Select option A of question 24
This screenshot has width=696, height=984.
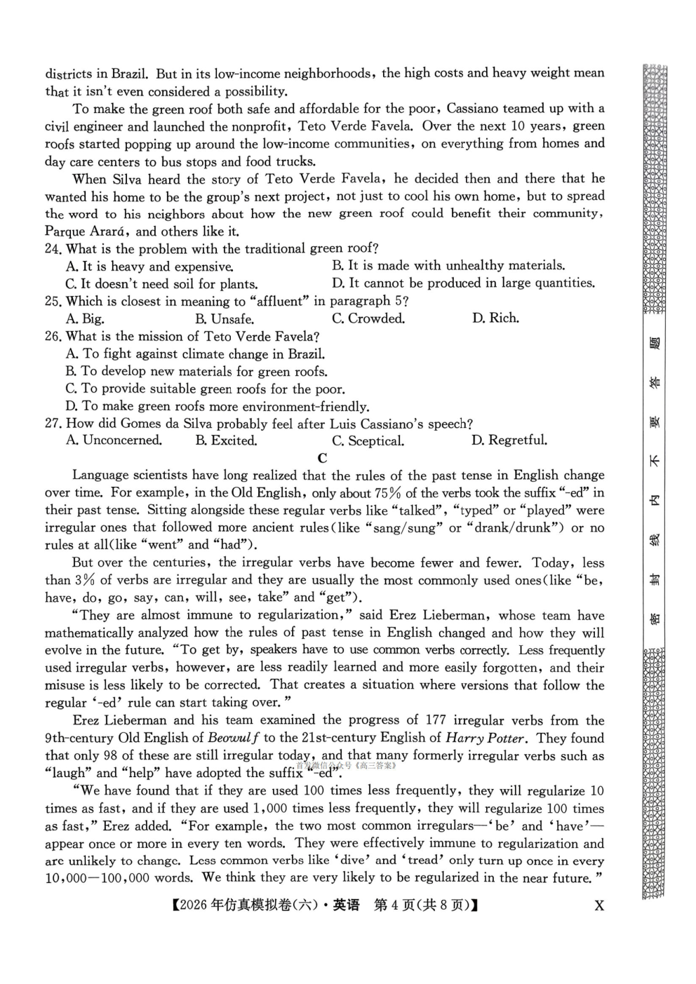tap(149, 267)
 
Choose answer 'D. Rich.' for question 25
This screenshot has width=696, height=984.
tap(495, 318)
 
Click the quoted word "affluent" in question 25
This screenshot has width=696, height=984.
tap(280, 302)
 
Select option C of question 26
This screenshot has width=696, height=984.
tap(205, 389)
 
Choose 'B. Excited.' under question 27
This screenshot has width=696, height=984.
tap(226, 441)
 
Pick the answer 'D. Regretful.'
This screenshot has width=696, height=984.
tap(509, 440)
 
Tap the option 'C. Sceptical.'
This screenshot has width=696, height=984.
tap(368, 441)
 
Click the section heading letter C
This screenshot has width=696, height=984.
tap(322, 459)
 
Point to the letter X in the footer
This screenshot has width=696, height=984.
tap(598, 905)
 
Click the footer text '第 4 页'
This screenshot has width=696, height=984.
tap(395, 905)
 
